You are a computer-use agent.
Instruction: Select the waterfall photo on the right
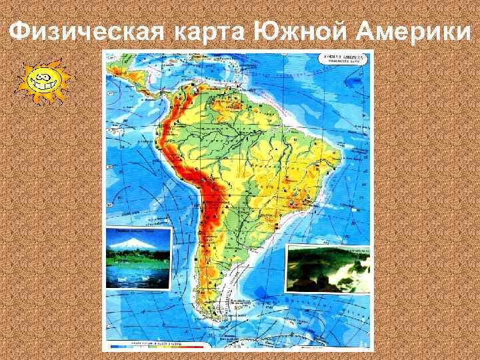[x=328, y=268]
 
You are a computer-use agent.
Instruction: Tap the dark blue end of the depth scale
[x=115, y=347]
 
